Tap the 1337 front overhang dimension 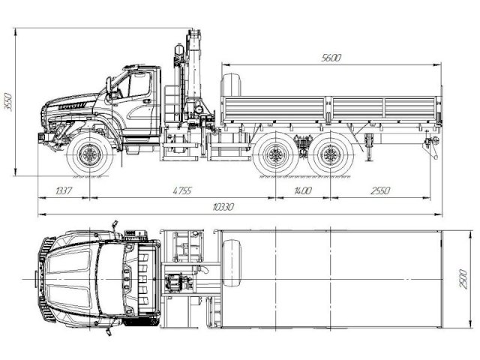click(x=64, y=191)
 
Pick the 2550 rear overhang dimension click(x=380, y=191)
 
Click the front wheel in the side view click(x=91, y=156)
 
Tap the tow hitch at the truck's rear click(x=431, y=142)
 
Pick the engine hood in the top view click(x=75, y=277)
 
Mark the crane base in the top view click(x=180, y=283)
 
